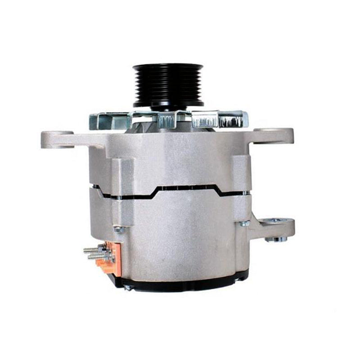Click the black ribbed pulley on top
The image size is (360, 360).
pos(168,85)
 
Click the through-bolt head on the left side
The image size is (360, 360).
pos(119,229)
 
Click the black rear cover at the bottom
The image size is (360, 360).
pos(180,281)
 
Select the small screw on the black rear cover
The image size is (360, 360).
pos(127,287)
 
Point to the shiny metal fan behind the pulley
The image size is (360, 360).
pos(169,119)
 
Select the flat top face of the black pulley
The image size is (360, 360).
pos(168,67)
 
